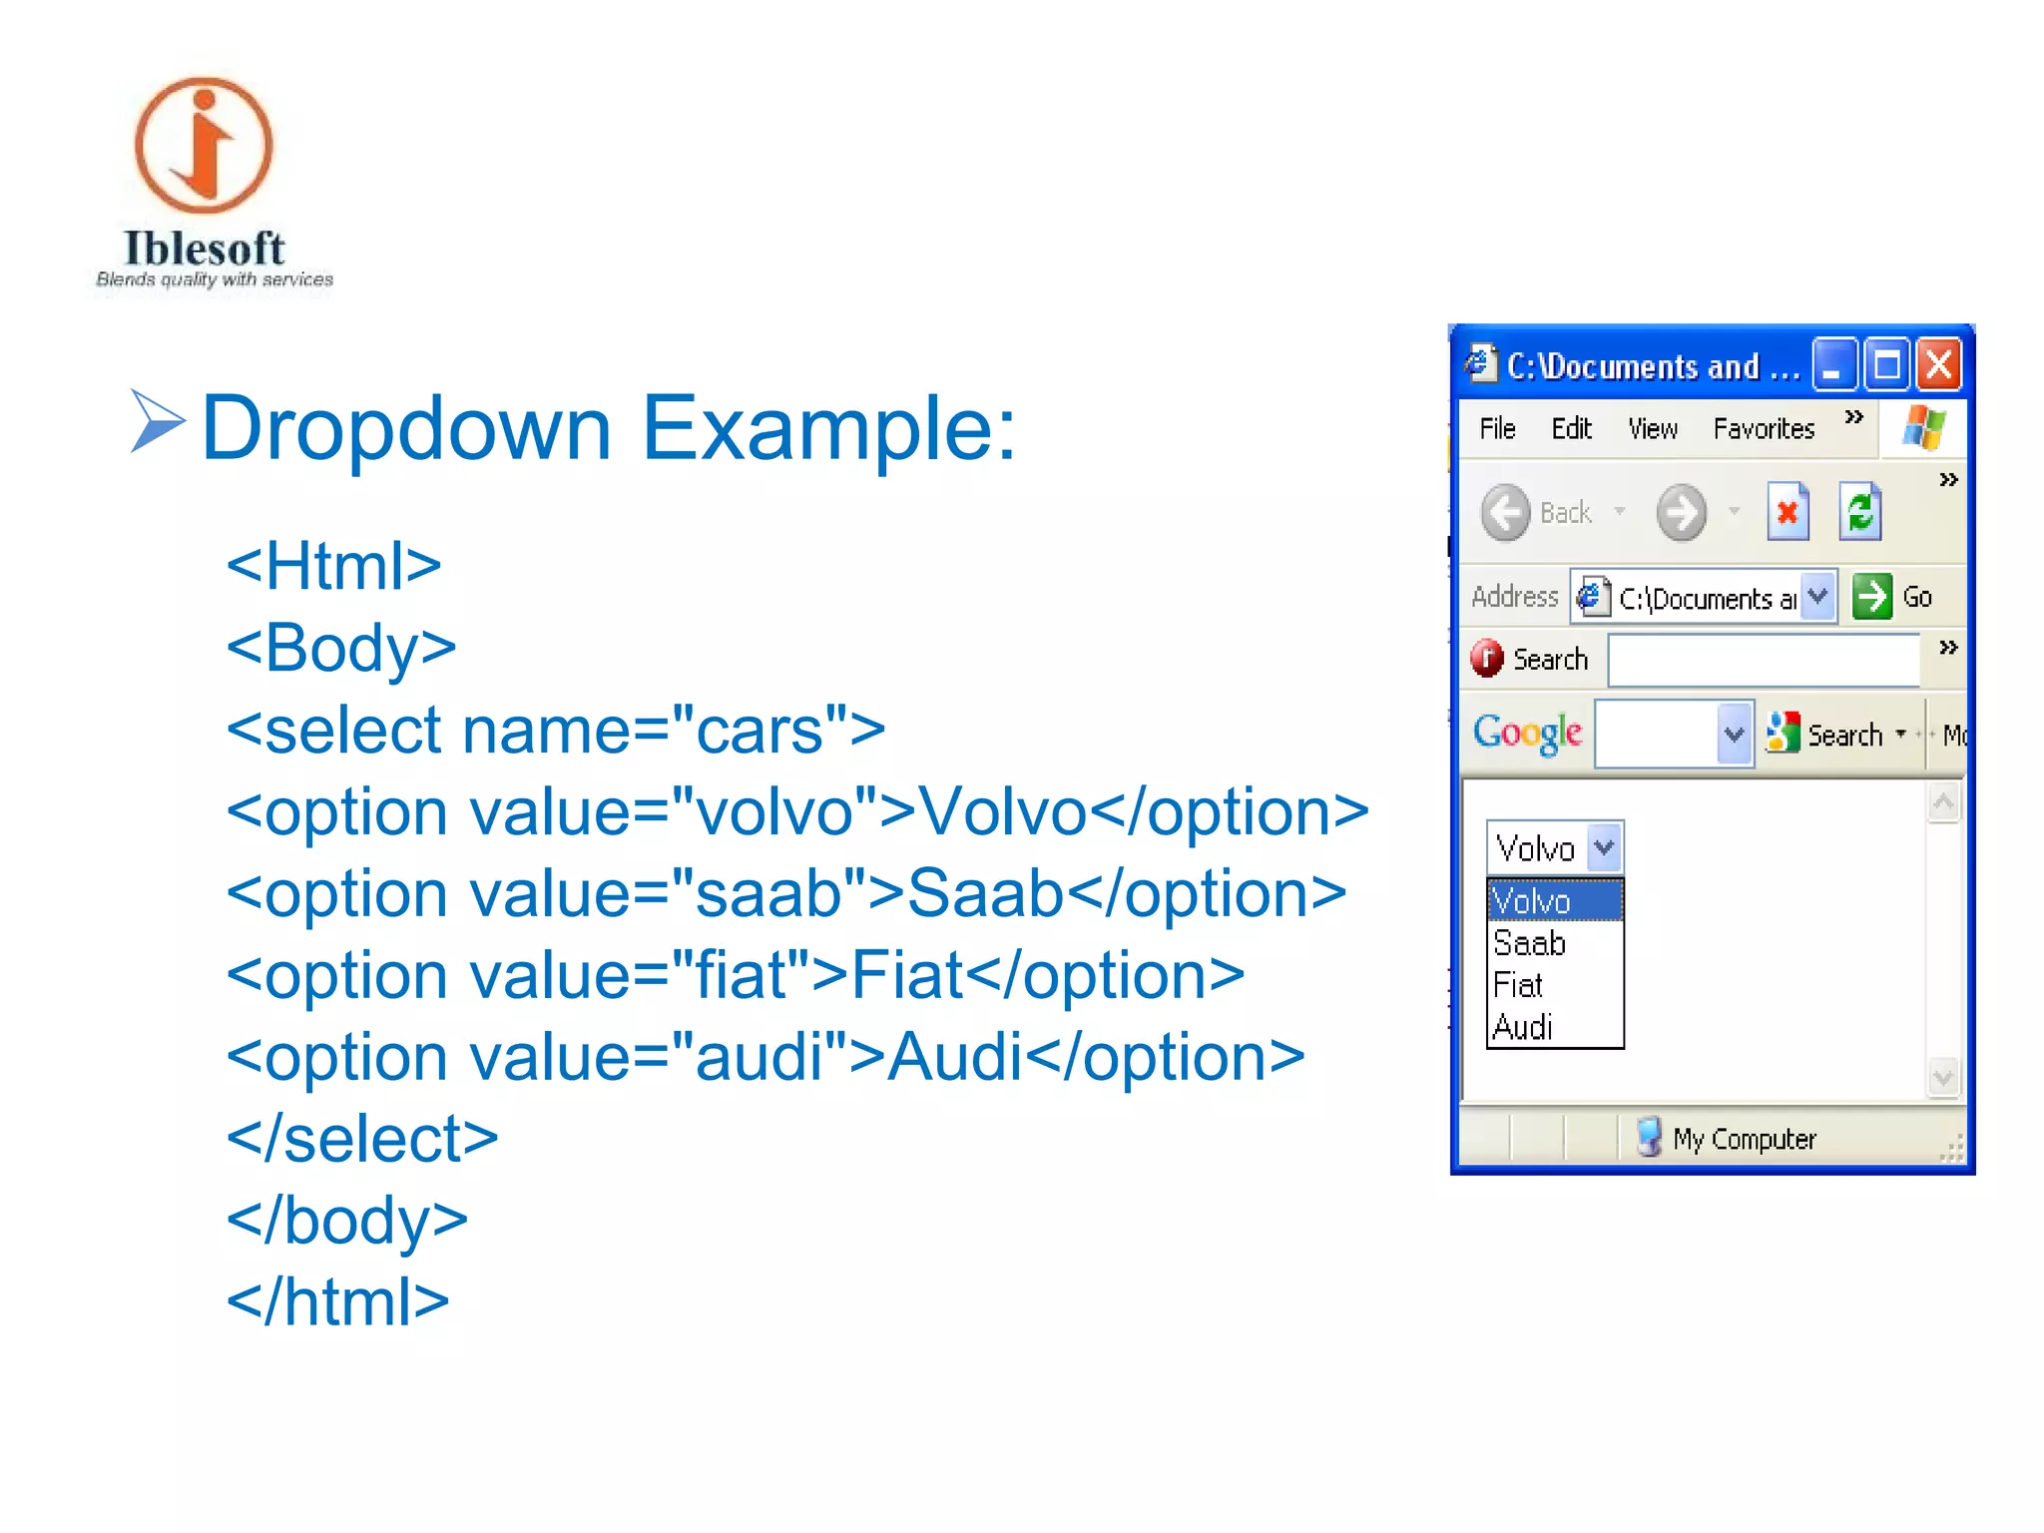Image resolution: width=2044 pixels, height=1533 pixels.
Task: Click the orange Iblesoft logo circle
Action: click(204, 146)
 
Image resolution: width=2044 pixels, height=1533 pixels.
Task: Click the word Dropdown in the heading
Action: click(406, 429)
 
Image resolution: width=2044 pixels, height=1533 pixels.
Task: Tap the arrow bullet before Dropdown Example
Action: click(157, 422)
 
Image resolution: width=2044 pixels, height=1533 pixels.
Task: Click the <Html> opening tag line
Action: click(333, 566)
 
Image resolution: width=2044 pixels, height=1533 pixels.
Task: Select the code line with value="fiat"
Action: click(736, 975)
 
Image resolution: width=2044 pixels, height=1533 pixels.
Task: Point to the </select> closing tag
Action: click(362, 1139)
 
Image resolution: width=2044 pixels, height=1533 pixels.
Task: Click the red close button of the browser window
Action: click(1938, 365)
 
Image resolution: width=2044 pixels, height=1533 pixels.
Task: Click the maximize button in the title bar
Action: click(1886, 365)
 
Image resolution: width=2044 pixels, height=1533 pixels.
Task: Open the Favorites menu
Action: click(1764, 429)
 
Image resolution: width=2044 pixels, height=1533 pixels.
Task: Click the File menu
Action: click(1497, 429)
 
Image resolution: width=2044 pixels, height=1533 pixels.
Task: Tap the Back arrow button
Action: click(1506, 513)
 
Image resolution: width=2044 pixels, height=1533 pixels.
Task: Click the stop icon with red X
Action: click(1788, 513)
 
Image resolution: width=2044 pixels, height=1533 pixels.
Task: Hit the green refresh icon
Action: click(1860, 513)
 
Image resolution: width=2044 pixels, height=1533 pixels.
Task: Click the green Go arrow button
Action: click(1872, 597)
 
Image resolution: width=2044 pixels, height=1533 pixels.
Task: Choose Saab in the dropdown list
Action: click(1530, 943)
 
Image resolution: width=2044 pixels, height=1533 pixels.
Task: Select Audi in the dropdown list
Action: click(1524, 1027)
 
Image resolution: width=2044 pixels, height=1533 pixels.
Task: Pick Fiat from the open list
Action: click(1519, 985)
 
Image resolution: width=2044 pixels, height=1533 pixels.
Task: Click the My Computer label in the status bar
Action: click(1744, 1139)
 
